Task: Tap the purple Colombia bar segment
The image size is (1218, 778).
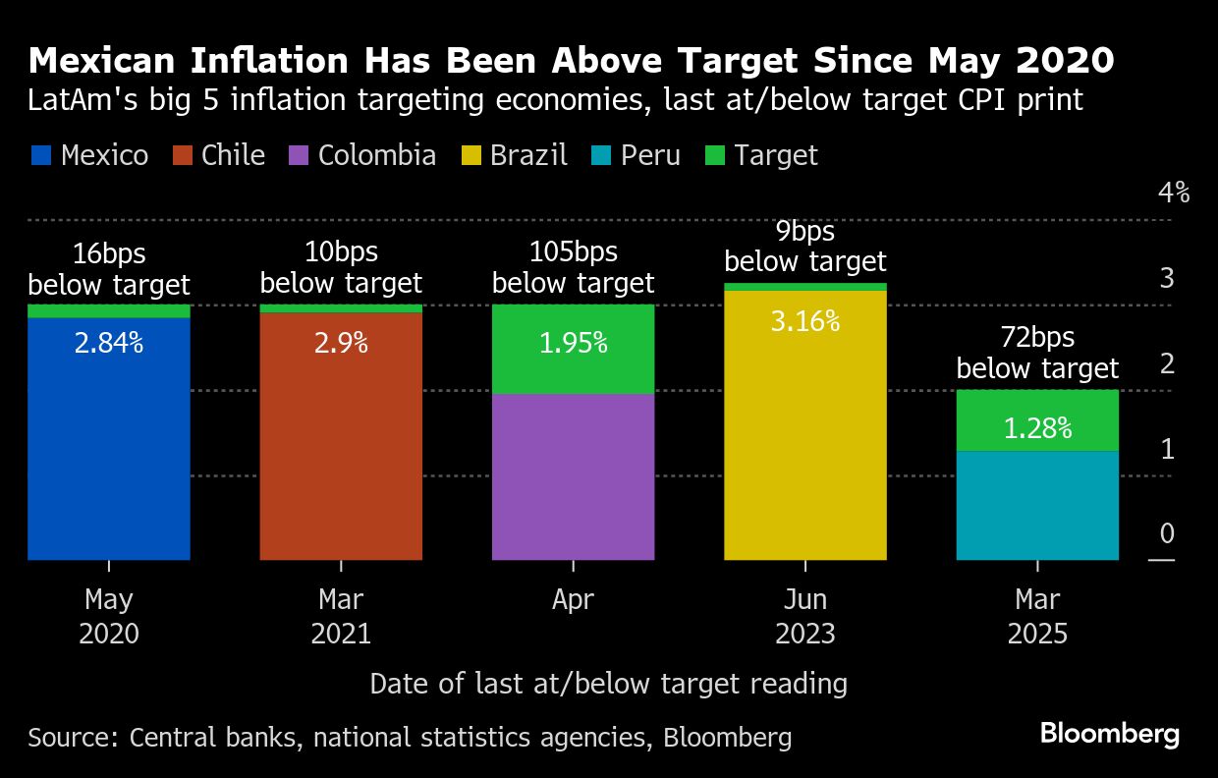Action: pyautogui.click(x=573, y=477)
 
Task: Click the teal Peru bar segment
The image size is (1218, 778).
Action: pyautogui.click(x=1037, y=506)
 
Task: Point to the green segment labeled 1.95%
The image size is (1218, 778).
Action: pyautogui.click(x=573, y=349)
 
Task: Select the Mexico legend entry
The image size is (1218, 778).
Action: pyautogui.click(x=89, y=155)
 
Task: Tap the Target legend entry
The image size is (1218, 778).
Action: pyautogui.click(x=762, y=155)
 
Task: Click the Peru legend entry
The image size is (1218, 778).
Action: pyautogui.click(x=637, y=155)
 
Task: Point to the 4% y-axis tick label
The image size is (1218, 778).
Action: pyautogui.click(x=1174, y=193)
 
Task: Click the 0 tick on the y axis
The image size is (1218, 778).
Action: pyautogui.click(x=1167, y=533)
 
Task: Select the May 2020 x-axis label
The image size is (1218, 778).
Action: pyautogui.click(x=108, y=616)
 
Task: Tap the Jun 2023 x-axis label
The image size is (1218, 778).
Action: pyautogui.click(x=805, y=616)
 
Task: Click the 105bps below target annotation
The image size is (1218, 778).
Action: pyautogui.click(x=573, y=267)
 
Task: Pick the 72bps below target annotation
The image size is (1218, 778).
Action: pyautogui.click(x=1037, y=353)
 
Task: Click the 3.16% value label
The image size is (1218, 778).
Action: pyautogui.click(x=805, y=320)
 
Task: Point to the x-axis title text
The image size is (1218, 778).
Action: pyautogui.click(x=608, y=684)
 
